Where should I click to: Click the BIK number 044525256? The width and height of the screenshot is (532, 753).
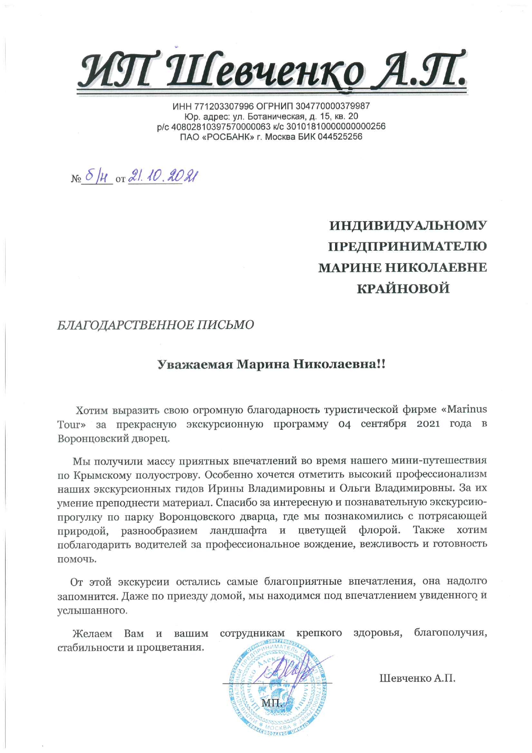point(340,137)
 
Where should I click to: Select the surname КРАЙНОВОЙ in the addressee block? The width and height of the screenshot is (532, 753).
point(403,288)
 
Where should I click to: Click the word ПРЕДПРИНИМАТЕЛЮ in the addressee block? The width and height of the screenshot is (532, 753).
point(407,246)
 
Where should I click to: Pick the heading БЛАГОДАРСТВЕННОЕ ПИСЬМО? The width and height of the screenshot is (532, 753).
point(156,325)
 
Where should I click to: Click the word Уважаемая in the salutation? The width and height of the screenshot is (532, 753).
point(195,364)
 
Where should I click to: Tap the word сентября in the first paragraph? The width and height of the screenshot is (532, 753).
point(383,424)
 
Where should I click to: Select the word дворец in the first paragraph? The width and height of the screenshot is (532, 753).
point(152,439)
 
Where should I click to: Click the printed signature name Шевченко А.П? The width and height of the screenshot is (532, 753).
point(417,678)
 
